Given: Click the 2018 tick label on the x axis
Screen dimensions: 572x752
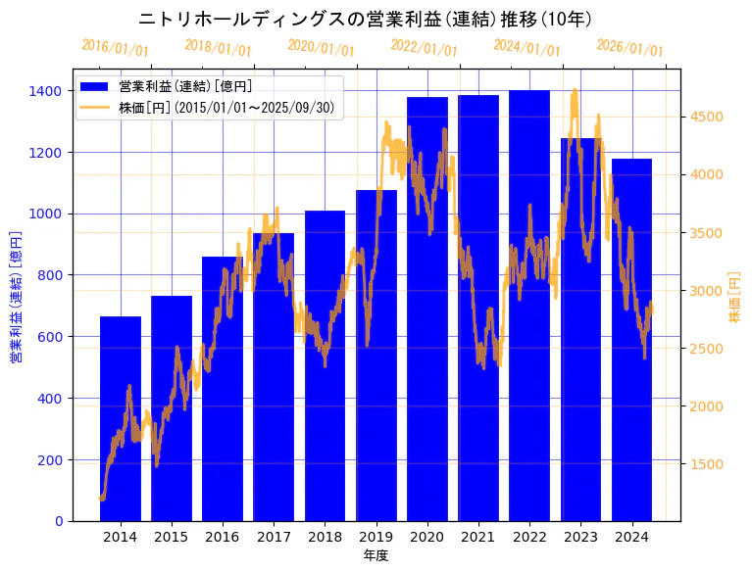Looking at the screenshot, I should click(325, 537).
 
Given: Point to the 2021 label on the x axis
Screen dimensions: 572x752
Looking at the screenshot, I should click(478, 537).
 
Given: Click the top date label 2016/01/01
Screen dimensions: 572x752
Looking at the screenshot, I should click(116, 47).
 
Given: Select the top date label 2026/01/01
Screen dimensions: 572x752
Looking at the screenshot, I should click(629, 47).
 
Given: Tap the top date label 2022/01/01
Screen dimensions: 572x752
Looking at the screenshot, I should click(424, 47).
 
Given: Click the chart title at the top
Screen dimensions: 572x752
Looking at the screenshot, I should click(365, 19).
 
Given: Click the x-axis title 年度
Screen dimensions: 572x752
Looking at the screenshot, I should click(376, 555).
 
